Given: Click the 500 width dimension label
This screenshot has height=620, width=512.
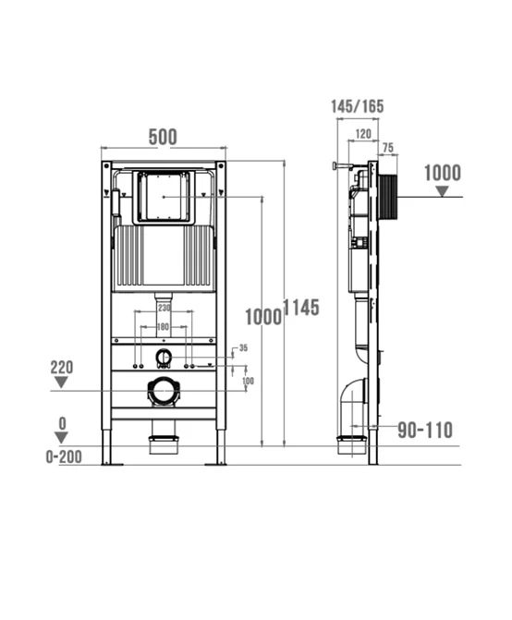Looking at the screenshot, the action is pos(163,137).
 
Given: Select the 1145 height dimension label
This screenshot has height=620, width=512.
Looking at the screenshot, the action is pos(301,308).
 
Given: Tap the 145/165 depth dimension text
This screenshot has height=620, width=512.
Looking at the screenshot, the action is pos(358,106).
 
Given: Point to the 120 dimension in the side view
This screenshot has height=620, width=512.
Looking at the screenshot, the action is pos(363,134).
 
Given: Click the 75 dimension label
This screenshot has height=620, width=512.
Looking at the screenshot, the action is pos(388,148).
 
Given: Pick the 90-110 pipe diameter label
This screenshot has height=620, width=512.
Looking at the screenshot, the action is pos(425,430).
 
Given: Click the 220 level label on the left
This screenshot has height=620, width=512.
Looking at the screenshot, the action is pos(62,368).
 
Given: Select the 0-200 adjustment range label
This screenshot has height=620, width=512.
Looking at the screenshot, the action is pos(64,457).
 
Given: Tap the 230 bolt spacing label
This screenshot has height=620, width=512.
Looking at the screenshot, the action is pos(165,308).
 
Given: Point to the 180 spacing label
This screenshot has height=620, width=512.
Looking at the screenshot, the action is pos(163,326).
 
